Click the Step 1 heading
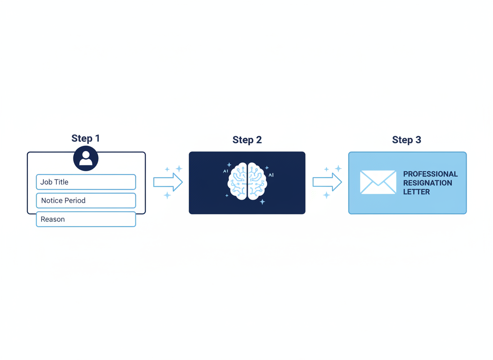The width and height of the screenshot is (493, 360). click(85, 138)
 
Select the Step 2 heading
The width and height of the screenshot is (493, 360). click(247, 140)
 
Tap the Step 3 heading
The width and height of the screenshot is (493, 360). click(406, 140)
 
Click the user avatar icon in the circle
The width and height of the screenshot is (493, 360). click(86, 158)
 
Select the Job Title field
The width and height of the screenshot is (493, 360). click(86, 182)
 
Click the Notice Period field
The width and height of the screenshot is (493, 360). click(86, 200)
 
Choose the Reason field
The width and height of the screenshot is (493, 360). click(86, 219)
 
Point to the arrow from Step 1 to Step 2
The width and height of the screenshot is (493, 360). click(168, 182)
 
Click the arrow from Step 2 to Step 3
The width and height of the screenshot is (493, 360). click(327, 182)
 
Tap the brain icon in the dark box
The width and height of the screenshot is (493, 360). click(247, 181)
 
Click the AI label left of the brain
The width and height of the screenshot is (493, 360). click(225, 171)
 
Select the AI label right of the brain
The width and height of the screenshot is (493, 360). click(271, 175)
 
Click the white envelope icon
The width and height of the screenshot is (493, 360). click(378, 182)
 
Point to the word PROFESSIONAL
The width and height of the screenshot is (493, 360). click(430, 174)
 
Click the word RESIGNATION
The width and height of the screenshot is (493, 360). click(427, 183)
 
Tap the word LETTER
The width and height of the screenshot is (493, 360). click(416, 192)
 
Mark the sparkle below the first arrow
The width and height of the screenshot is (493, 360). click(167, 195)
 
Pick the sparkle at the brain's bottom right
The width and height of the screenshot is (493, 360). click(262, 202)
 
